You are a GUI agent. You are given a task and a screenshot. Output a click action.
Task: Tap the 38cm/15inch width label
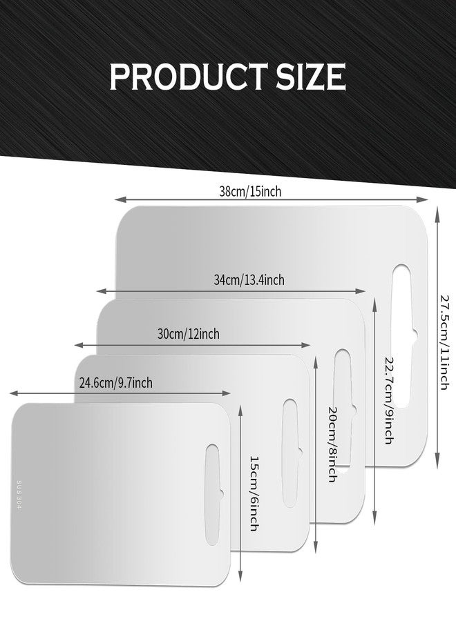click(250, 192)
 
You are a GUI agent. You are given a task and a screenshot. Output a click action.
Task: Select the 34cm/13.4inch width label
click(249, 280)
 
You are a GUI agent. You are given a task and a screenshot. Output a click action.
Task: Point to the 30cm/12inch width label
click(189, 334)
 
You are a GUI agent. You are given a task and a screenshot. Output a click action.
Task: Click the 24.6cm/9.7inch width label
click(116, 383)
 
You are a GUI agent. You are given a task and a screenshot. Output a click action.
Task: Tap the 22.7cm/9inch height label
click(389, 400)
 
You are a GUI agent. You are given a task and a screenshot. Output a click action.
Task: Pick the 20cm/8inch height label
click(333, 444)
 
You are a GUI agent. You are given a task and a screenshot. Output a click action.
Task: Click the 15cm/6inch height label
click(254, 493)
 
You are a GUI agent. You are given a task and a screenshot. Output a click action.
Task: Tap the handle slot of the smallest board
click(213, 495)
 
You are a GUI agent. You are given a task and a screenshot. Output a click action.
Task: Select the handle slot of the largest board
click(403, 336)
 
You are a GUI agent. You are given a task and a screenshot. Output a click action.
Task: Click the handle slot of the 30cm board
click(291, 453)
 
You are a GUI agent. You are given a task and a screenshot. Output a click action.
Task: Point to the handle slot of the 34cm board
click(343, 408)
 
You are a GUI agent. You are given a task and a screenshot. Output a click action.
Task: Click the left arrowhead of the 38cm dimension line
click(120, 199)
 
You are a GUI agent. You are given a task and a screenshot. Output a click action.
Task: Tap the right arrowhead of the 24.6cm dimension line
click(226, 393)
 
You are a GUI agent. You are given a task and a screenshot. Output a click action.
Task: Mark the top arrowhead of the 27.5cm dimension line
click(437, 215)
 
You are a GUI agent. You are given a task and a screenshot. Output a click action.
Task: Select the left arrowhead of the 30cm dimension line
click(79, 345)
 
